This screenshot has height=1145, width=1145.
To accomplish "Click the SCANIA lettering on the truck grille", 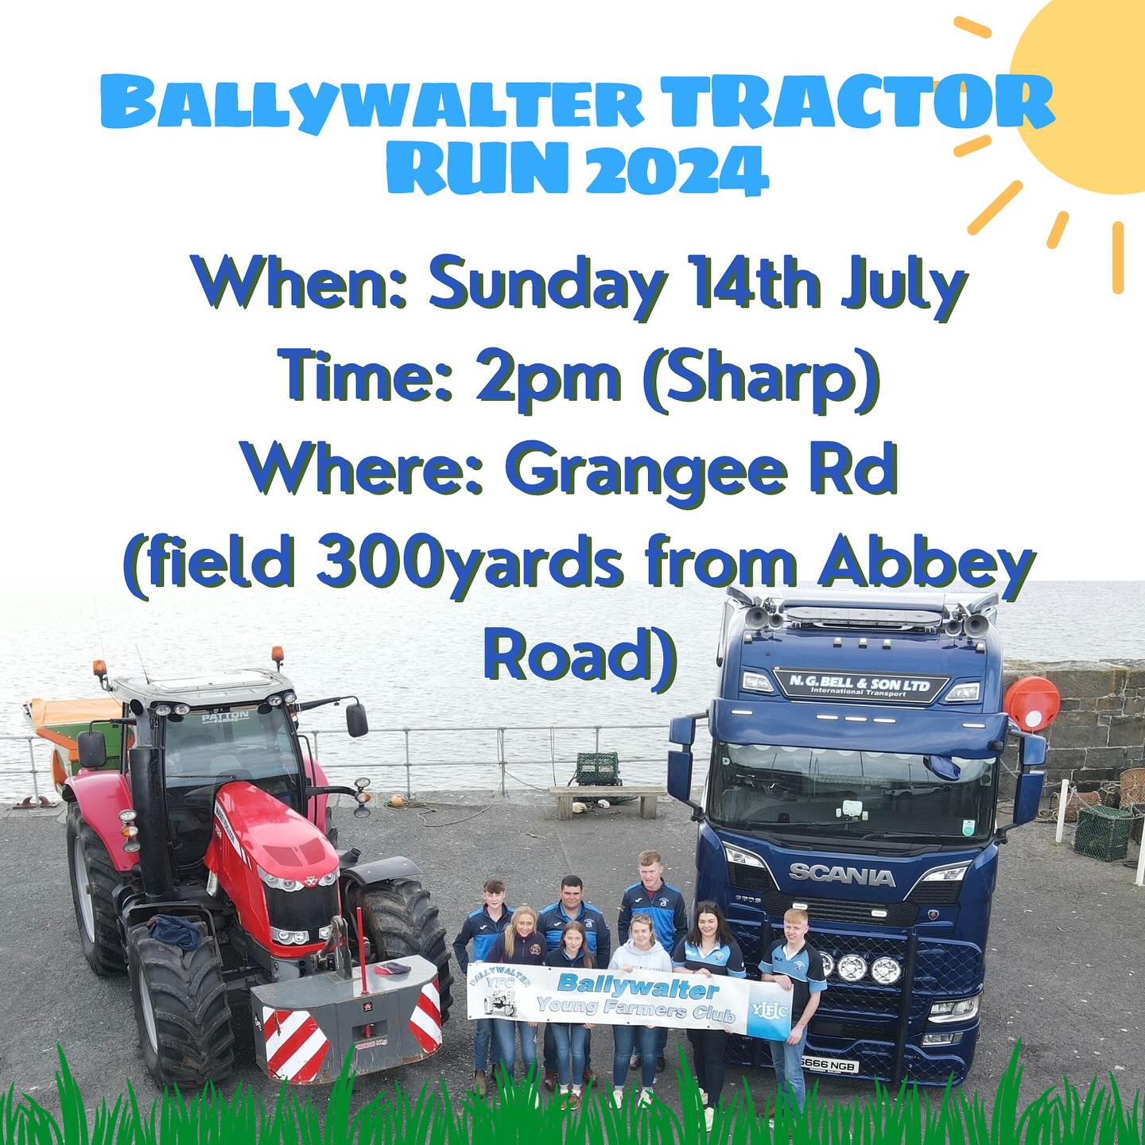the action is pos(840,875).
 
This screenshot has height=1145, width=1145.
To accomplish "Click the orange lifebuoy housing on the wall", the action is pos(1033,702).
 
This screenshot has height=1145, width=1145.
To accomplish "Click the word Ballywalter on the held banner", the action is pos(638,987).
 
